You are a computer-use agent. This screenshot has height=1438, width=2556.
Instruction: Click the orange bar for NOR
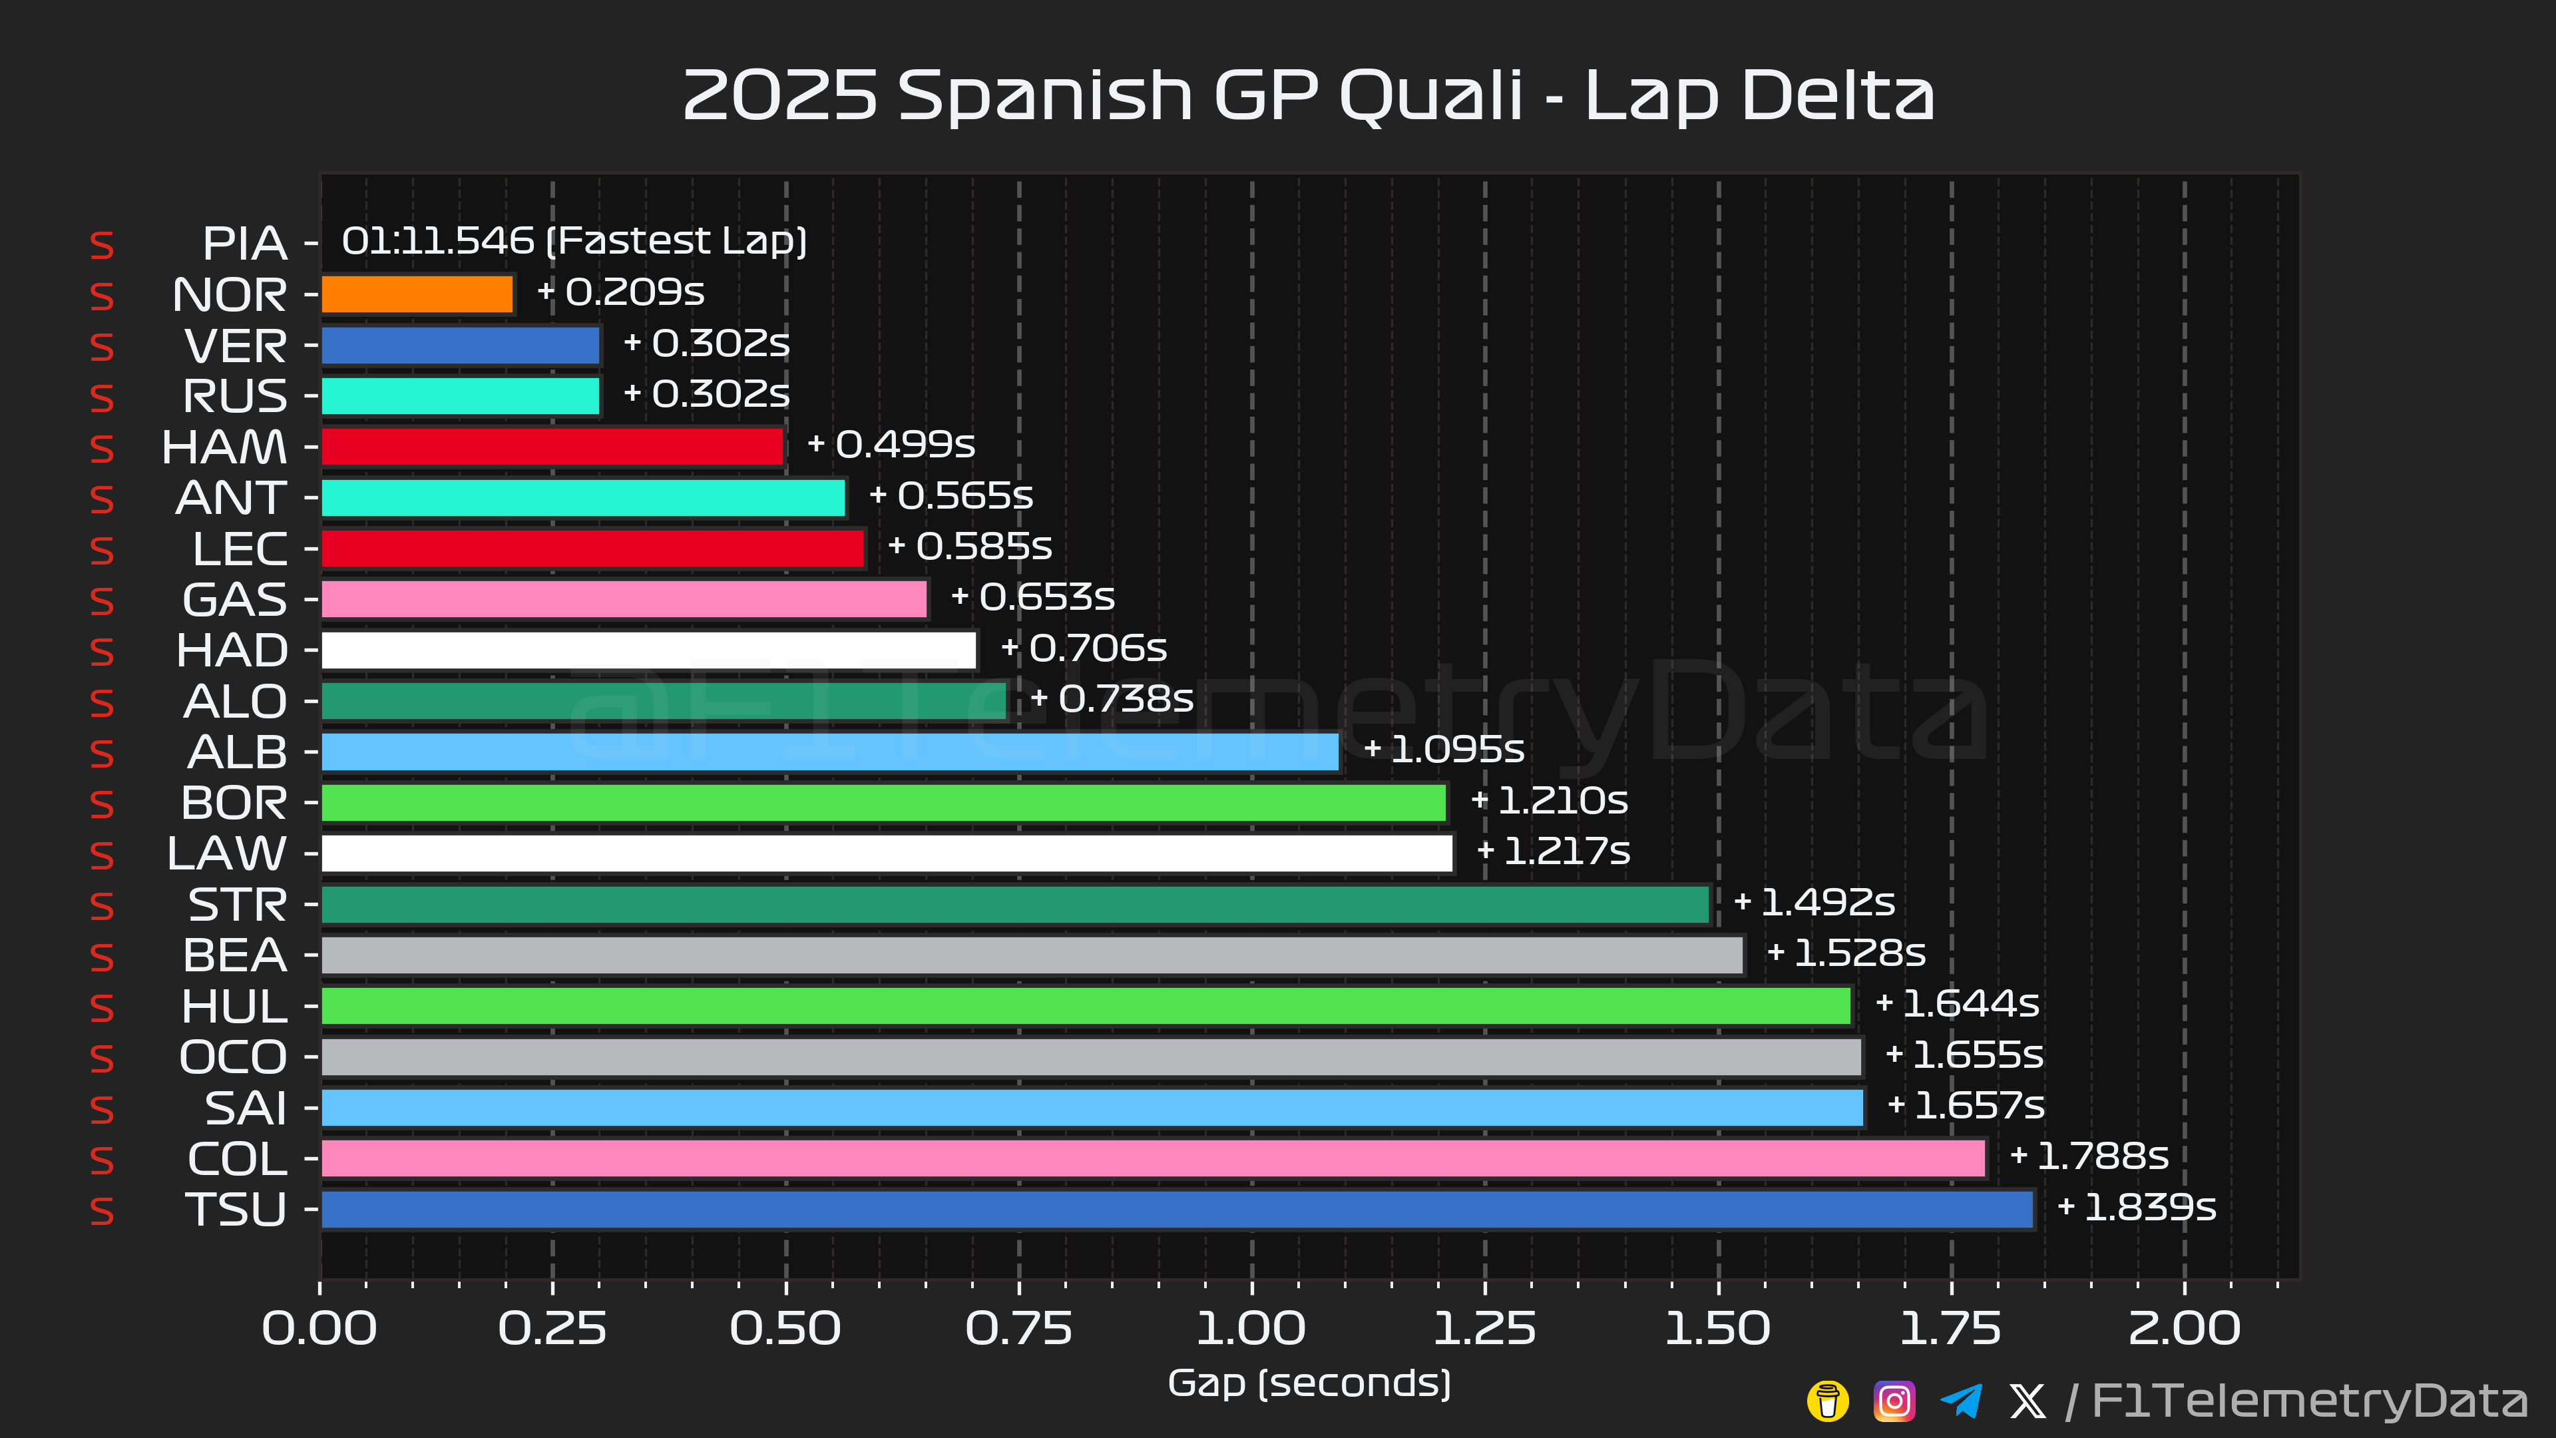417,294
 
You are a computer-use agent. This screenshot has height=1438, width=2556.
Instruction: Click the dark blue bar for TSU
1177,1210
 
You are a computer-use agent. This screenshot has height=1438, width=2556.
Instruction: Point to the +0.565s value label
951,495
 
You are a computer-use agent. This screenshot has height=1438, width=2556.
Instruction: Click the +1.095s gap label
1444,749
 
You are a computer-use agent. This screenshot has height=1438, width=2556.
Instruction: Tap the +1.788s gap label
2089,1156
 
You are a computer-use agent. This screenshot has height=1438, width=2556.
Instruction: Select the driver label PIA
244,243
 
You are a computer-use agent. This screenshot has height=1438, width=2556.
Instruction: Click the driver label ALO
235,702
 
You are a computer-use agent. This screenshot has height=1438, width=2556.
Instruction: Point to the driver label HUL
234,1007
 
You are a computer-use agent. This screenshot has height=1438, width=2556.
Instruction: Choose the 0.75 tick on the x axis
1019,1329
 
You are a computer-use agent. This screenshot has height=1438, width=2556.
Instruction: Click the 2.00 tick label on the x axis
2184,1329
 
